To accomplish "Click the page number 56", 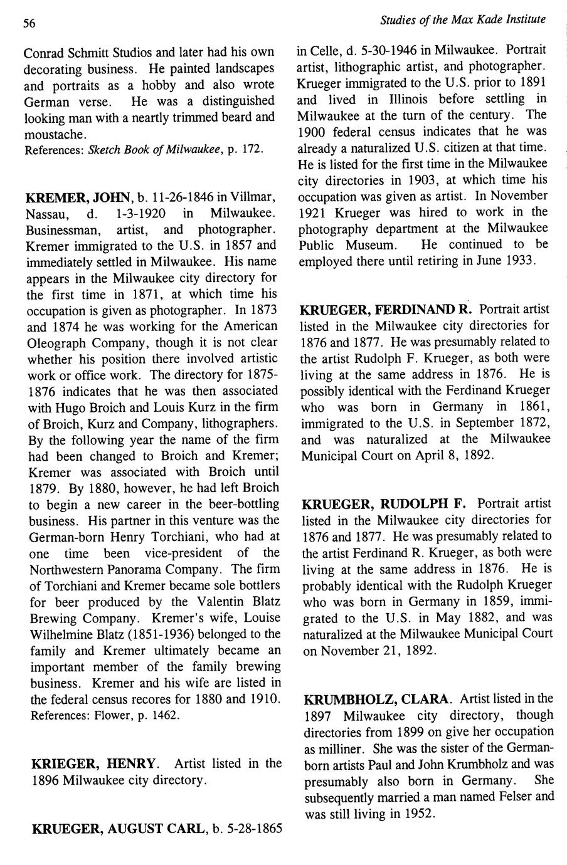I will coord(29,24).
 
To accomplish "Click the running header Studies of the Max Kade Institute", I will coord(463,20).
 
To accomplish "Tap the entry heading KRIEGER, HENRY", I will coord(94,763).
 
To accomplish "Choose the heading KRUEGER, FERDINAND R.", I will coord(386,310).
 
